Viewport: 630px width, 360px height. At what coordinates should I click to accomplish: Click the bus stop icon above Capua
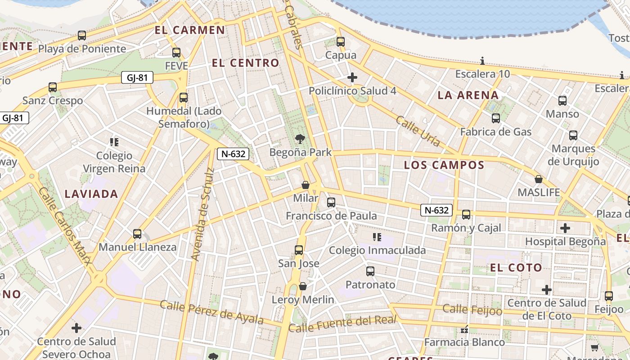tap(341, 42)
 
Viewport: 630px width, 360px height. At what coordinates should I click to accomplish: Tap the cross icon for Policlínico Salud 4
tap(352, 77)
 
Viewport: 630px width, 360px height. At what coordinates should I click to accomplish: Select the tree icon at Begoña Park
tap(300, 139)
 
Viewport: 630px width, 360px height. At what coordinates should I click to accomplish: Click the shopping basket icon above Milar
tap(306, 185)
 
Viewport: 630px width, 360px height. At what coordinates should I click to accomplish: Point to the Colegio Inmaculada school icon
tap(377, 237)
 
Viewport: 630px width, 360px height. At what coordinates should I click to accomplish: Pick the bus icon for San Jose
tap(299, 250)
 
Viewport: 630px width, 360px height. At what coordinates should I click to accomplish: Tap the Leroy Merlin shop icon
tap(303, 286)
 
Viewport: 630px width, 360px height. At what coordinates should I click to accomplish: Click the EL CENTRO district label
tap(246, 63)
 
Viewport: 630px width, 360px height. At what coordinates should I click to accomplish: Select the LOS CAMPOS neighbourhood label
tap(444, 165)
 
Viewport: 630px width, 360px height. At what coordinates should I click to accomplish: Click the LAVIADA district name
tap(91, 194)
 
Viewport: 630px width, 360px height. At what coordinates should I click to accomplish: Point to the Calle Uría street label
tap(418, 131)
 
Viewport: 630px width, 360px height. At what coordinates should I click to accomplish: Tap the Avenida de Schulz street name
tap(202, 214)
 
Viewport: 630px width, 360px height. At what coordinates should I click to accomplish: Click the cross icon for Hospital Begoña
tap(565, 228)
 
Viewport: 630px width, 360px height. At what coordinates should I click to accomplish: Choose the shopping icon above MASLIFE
tap(539, 179)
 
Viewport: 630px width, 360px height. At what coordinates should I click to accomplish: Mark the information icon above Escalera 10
tap(482, 61)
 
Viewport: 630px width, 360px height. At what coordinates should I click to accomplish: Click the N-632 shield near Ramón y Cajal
tap(436, 210)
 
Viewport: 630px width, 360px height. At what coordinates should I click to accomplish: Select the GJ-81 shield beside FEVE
tap(137, 77)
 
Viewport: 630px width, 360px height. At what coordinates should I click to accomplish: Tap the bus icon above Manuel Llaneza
tap(137, 234)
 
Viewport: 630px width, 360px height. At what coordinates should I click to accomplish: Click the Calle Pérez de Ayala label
tap(211, 312)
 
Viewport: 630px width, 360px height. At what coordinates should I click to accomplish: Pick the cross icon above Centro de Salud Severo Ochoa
tap(76, 328)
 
